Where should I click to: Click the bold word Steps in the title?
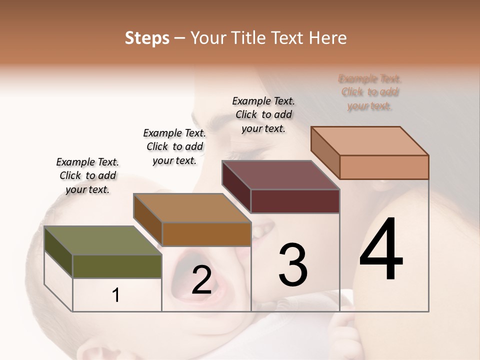pos(147,38)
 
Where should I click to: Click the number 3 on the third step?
pos(293,264)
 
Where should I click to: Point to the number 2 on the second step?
pos(201,280)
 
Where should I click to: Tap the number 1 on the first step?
pos(116,295)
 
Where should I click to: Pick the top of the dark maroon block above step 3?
pos(280,175)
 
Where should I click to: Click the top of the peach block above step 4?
pos(369,140)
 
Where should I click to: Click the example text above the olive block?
pos(87,175)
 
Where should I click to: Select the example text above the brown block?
pos(174,146)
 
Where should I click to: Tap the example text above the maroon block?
pos(263,114)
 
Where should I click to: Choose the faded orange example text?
pos(370,92)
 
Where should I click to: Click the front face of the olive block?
pos(117,266)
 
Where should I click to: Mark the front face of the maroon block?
pos(295,201)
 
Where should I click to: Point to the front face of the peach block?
pos(384,167)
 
